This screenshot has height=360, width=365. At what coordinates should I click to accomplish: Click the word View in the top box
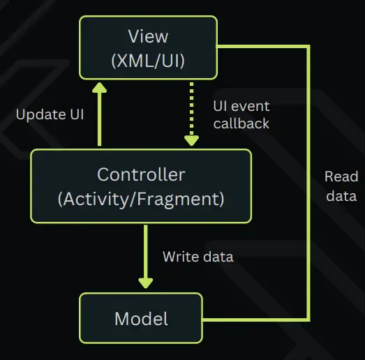(148, 36)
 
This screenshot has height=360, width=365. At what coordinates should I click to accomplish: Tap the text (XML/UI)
(148, 61)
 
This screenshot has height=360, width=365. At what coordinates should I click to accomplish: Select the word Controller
(141, 174)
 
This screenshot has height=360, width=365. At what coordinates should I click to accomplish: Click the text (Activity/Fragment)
(141, 200)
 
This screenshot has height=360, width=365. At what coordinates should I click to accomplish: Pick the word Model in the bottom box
(141, 319)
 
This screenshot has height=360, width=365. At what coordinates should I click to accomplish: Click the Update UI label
(50, 114)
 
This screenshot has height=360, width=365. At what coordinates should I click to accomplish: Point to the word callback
(241, 123)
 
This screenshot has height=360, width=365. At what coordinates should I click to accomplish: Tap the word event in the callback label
(251, 107)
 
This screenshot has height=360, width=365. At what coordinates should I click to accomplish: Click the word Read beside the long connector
(341, 177)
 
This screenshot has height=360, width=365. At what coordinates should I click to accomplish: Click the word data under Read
(341, 196)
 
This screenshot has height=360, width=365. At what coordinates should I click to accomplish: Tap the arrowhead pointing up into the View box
(99, 88)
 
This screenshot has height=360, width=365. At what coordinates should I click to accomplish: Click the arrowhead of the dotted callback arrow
(192, 141)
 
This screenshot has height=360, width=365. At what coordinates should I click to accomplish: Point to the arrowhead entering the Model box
(145, 283)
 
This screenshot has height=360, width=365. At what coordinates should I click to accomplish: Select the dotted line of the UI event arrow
(192, 109)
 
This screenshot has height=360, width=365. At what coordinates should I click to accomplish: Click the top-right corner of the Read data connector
(308, 47)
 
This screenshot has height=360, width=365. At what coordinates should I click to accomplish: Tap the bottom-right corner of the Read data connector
(308, 320)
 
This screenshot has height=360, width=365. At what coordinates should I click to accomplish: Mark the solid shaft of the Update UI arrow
(99, 119)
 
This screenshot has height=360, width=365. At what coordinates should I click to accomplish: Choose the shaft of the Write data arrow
(145, 252)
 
